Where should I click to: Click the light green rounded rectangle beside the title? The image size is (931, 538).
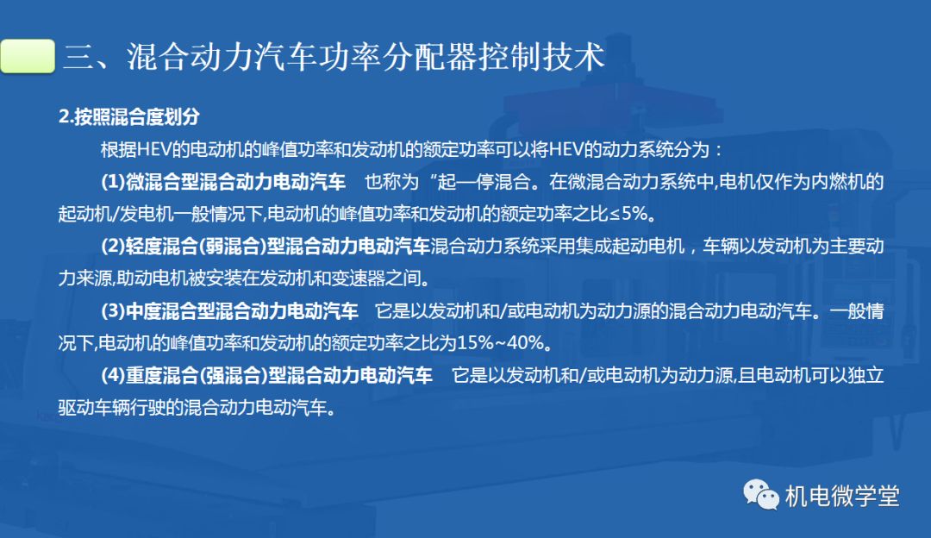click(x=28, y=56)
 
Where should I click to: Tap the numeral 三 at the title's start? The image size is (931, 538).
click(x=79, y=57)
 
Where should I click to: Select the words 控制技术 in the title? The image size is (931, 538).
click(x=542, y=57)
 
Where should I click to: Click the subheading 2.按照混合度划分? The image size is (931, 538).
click(x=128, y=116)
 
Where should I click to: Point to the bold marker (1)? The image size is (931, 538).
click(x=113, y=182)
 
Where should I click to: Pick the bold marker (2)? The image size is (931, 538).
click(x=113, y=246)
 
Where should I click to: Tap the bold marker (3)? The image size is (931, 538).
click(x=113, y=310)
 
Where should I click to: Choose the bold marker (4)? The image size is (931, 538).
click(x=113, y=375)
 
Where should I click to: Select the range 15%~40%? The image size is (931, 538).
click(x=500, y=342)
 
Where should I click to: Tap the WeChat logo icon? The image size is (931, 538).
click(x=760, y=495)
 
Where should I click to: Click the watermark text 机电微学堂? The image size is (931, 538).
click(x=842, y=496)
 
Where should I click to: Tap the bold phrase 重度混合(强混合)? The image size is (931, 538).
click(x=194, y=375)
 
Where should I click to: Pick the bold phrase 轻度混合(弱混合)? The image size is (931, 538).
click(x=194, y=246)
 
